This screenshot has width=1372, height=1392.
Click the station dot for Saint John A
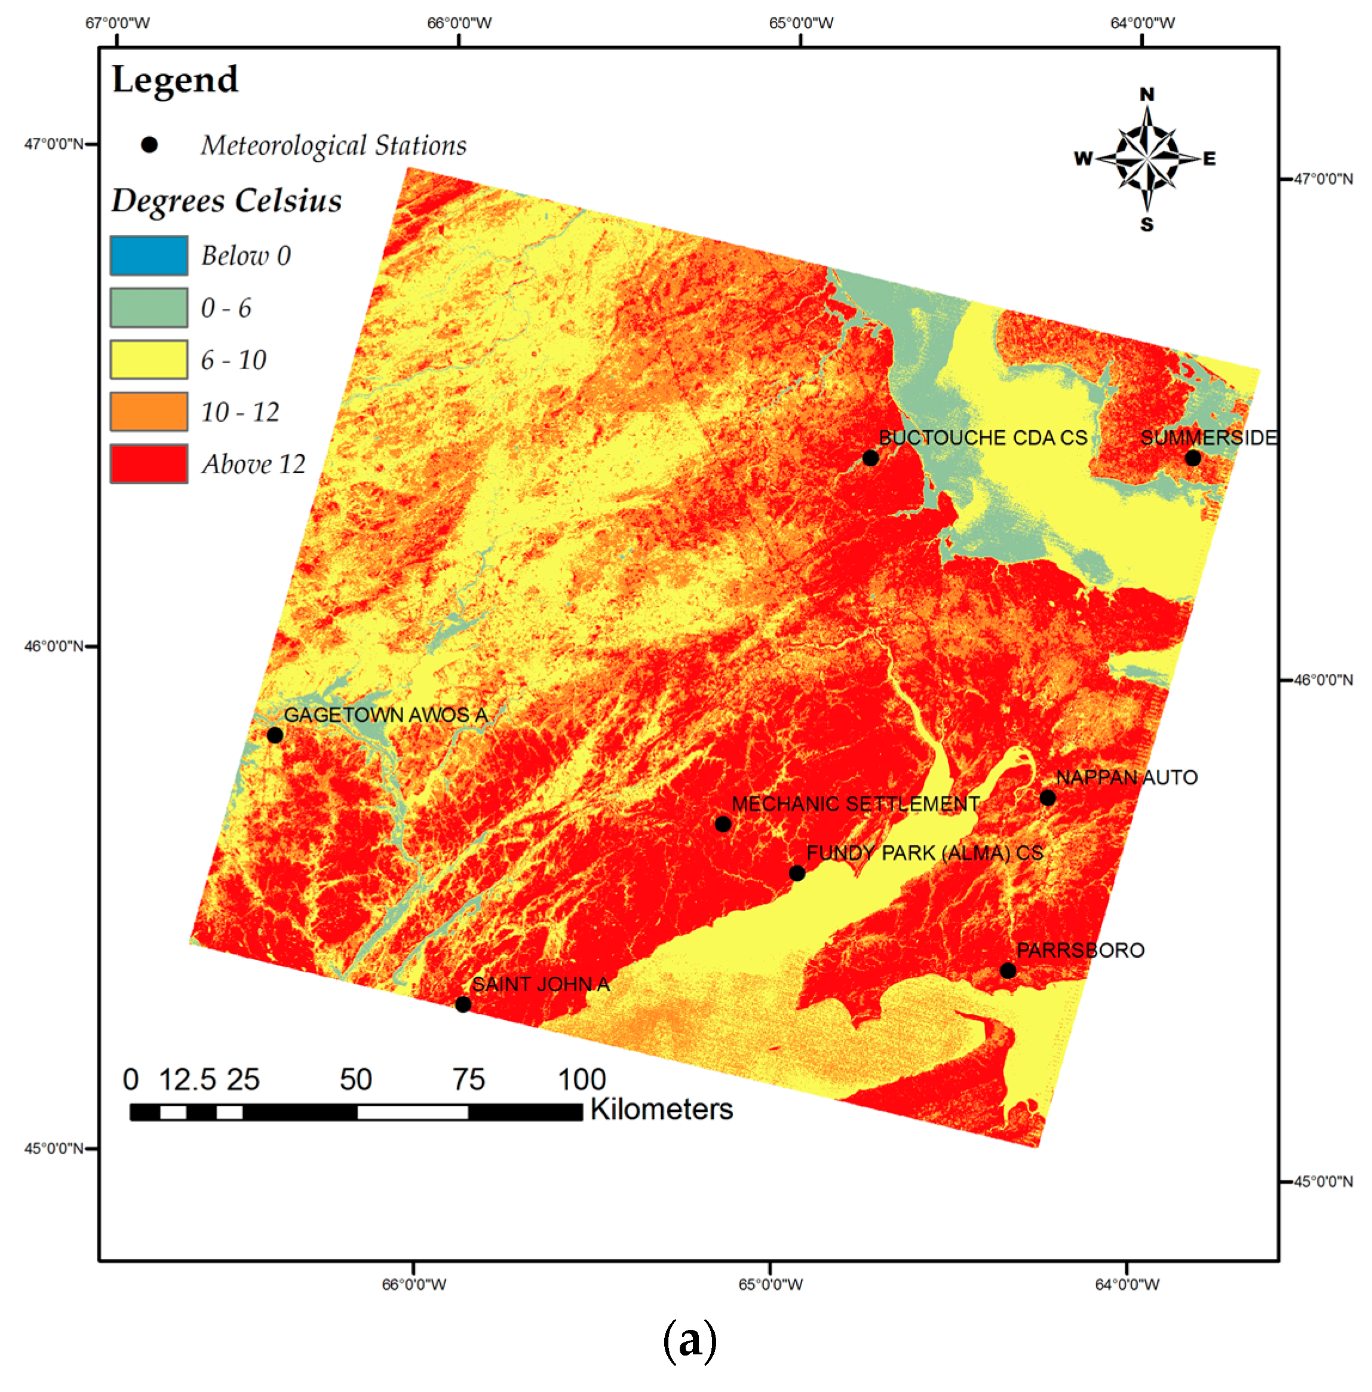[x=463, y=1004]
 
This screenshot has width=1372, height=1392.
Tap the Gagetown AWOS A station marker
[x=274, y=735]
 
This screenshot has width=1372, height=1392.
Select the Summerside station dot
[x=1193, y=458]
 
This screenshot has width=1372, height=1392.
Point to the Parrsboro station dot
[x=1008, y=970]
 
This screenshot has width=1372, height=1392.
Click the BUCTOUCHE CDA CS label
[x=983, y=437]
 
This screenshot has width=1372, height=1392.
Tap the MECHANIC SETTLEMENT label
[x=855, y=804]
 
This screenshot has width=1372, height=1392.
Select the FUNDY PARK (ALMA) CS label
[x=925, y=853]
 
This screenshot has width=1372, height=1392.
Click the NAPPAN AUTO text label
[x=1127, y=777]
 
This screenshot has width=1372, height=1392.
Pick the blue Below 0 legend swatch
[x=149, y=255]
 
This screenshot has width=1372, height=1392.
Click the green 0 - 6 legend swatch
[x=149, y=308]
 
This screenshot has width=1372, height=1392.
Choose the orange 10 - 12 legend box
[x=149, y=412]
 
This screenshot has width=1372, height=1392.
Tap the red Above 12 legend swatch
[x=149, y=463]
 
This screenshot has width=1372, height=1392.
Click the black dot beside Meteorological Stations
[x=149, y=145]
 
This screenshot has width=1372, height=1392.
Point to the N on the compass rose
[x=1147, y=94]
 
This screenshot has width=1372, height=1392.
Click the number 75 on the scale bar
[x=468, y=1080]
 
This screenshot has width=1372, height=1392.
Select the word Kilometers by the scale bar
[x=661, y=1109]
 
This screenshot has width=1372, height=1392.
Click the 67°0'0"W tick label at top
[x=118, y=23]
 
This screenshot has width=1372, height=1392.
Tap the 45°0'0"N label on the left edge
[x=53, y=1148]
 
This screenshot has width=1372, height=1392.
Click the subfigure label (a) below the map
[x=689, y=1340]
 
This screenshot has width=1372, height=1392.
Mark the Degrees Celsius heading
[x=226, y=200]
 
